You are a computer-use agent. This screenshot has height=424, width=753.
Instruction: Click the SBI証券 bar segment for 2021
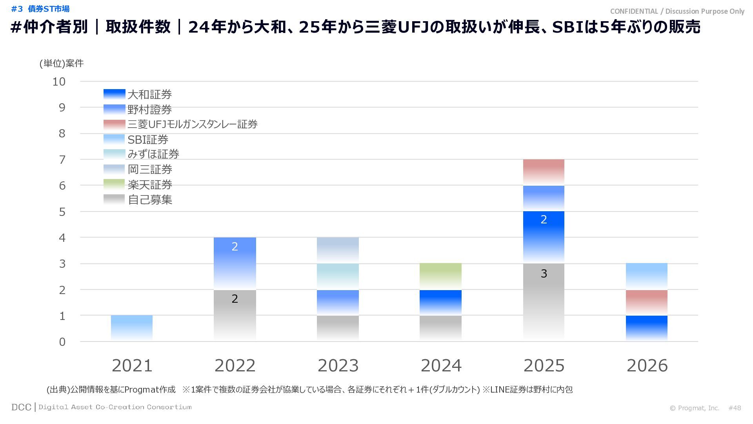pyautogui.click(x=132, y=328)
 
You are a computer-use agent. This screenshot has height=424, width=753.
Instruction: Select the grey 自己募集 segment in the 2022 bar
pyautogui.click(x=235, y=315)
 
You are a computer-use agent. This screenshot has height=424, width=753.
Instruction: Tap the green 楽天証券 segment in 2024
pyautogui.click(x=440, y=276)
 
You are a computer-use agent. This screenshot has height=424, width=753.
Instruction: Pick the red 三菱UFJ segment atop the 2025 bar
pyautogui.click(x=544, y=172)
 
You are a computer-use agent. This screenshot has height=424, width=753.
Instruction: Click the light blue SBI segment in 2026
pyautogui.click(x=646, y=276)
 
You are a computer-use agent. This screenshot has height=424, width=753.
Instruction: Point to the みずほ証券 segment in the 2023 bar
pyautogui.click(x=338, y=276)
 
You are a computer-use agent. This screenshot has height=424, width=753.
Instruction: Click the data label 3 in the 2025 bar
pyautogui.click(x=544, y=274)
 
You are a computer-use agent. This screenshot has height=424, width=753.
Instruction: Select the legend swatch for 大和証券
pyautogui.click(x=114, y=94)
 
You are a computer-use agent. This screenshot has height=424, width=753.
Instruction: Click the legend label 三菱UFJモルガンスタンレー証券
pyautogui.click(x=193, y=124)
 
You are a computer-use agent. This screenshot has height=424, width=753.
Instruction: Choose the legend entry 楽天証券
pyautogui.click(x=150, y=185)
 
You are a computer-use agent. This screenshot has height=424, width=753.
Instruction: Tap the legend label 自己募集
pyautogui.click(x=150, y=200)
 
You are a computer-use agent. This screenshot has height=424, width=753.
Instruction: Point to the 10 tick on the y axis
pyautogui.click(x=59, y=82)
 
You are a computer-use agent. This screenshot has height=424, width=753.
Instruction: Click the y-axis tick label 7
pyautogui.click(x=62, y=160)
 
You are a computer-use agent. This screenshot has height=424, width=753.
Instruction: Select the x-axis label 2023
pyautogui.click(x=338, y=366)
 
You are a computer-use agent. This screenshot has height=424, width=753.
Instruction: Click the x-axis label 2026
pyautogui.click(x=647, y=366)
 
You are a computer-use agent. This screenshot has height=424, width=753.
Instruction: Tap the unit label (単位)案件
pyautogui.click(x=62, y=64)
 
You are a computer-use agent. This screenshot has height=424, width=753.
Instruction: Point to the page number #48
pyautogui.click(x=735, y=408)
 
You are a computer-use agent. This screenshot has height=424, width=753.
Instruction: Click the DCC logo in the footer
pyautogui.click(x=21, y=407)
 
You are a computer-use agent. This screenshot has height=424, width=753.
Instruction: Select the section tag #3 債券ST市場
pyautogui.click(x=40, y=9)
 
